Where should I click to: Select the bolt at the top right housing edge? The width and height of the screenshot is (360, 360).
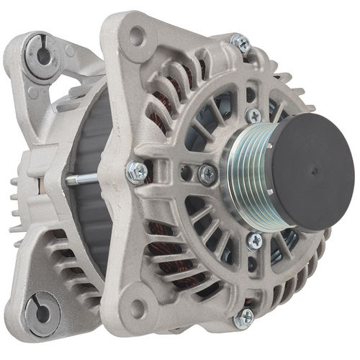(240, 44)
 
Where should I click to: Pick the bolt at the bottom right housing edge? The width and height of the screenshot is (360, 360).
(245, 315)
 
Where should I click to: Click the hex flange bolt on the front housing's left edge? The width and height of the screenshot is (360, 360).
(135, 171)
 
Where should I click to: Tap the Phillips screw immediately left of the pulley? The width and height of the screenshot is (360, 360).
(207, 173)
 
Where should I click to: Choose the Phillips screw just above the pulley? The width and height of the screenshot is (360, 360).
(253, 115)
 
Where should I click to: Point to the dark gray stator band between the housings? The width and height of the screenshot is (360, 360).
(90, 216)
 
